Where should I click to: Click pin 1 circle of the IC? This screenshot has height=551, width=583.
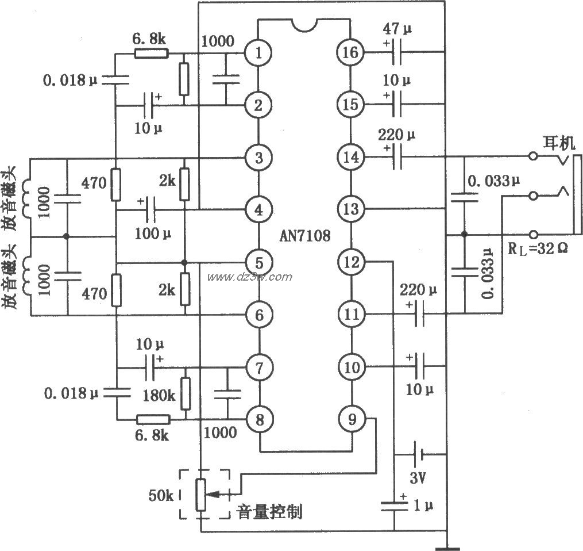[x=260, y=53]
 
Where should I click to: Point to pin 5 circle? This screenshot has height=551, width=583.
[x=260, y=262]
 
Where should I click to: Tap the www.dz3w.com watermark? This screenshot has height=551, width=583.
[x=249, y=277]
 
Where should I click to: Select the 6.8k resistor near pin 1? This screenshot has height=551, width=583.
[x=152, y=53]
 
